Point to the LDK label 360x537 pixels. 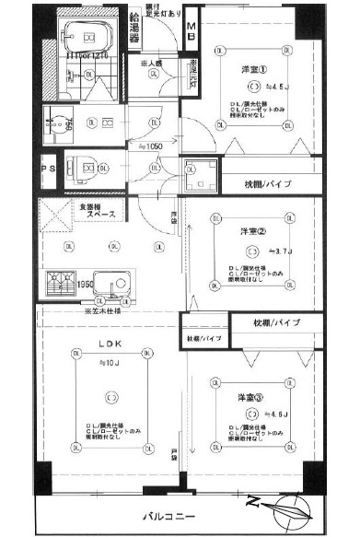tap(111, 347)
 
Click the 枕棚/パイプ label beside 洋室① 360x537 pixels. tap(269, 185)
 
